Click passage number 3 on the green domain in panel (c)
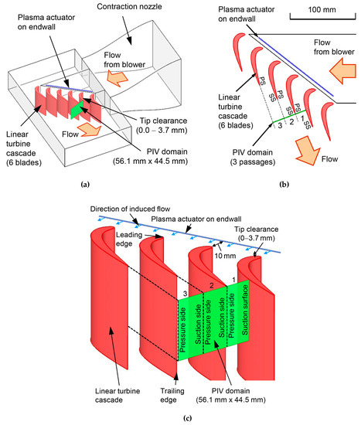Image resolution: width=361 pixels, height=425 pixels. point(184,293)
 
